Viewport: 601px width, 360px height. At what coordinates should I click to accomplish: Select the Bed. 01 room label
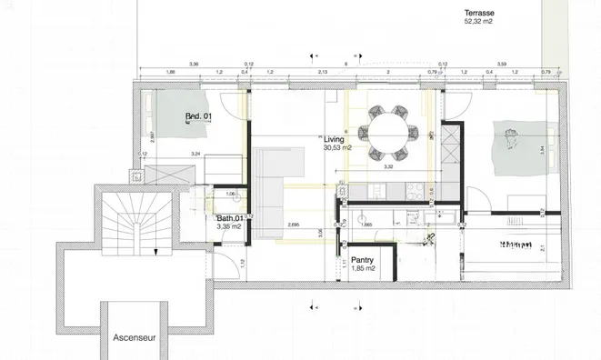pos(198,116)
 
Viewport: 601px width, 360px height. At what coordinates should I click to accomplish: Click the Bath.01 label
pos(230,218)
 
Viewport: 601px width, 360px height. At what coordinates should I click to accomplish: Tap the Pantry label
pos(364,260)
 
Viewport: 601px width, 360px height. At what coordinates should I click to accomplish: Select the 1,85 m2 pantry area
pos(365,269)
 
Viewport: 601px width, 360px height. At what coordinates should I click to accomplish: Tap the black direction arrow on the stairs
pos(155,250)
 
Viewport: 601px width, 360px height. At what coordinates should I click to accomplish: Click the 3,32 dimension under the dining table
pos(389,167)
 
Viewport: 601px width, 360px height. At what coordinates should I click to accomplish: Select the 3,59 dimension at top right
pos(501,64)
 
